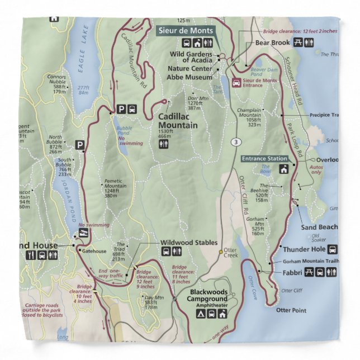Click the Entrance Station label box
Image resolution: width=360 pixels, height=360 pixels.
click(x=265, y=159)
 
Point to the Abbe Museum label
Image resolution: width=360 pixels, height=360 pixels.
click(x=190, y=77)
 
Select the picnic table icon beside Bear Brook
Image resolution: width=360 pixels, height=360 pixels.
click(x=297, y=42)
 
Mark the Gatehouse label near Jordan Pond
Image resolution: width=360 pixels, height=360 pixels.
click(x=93, y=251)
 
